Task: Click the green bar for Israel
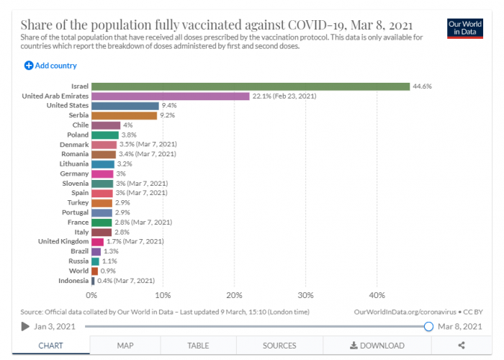click(251, 86)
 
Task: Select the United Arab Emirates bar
click(171, 96)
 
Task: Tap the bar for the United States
click(125, 106)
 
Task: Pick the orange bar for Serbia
click(125, 115)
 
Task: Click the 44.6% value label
click(421, 86)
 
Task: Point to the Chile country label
click(81, 125)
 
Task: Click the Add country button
click(50, 66)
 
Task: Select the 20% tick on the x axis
click(234, 295)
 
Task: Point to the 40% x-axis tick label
click(377, 295)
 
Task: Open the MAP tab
click(125, 346)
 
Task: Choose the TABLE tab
click(198, 346)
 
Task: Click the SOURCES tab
click(279, 346)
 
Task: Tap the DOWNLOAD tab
click(377, 346)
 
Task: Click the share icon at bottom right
click(461, 346)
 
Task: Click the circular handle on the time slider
click(428, 326)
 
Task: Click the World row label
click(79, 271)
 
